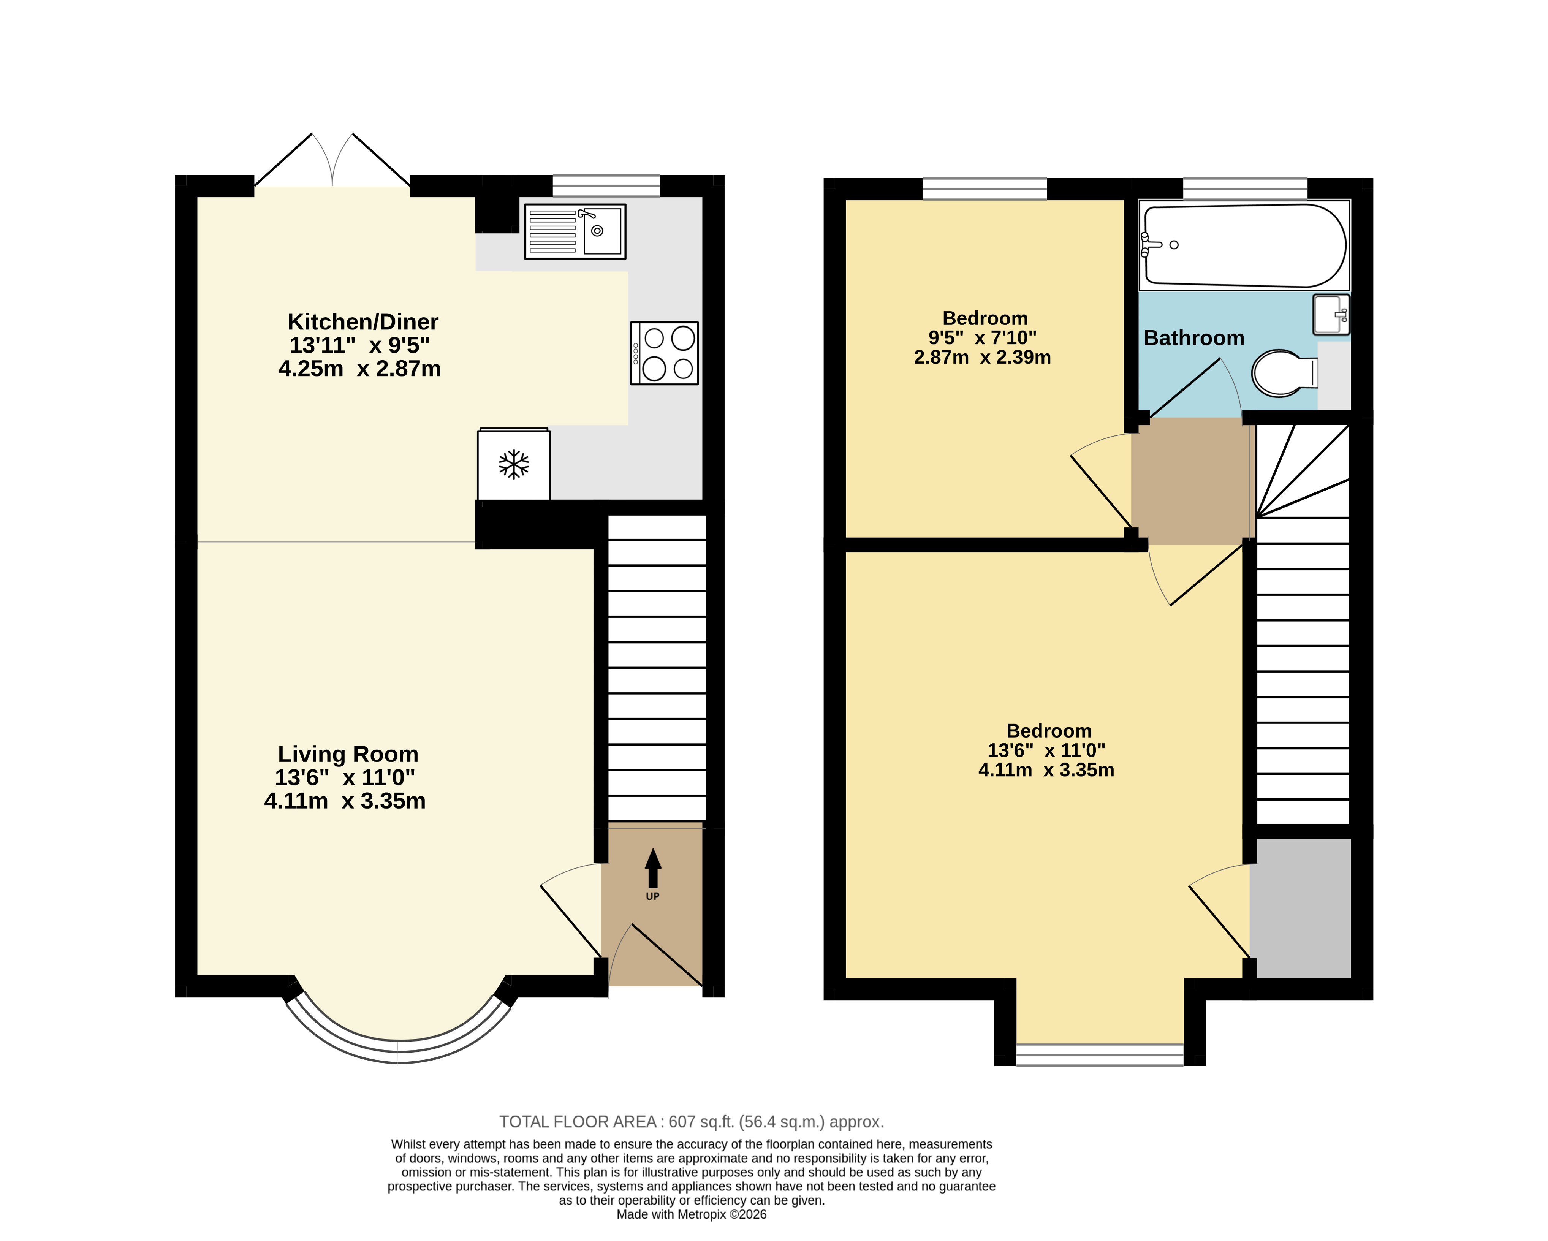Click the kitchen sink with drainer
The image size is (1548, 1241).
point(575,231)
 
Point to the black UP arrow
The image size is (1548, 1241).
point(653,868)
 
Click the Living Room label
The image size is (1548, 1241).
point(348,754)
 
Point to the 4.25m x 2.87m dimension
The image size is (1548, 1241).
point(360,369)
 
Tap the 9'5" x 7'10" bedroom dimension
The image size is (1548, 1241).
point(982,337)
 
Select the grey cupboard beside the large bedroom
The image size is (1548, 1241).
point(1300,909)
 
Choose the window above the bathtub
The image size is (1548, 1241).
point(1245,189)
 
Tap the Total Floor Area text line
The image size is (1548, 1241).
point(692,1122)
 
